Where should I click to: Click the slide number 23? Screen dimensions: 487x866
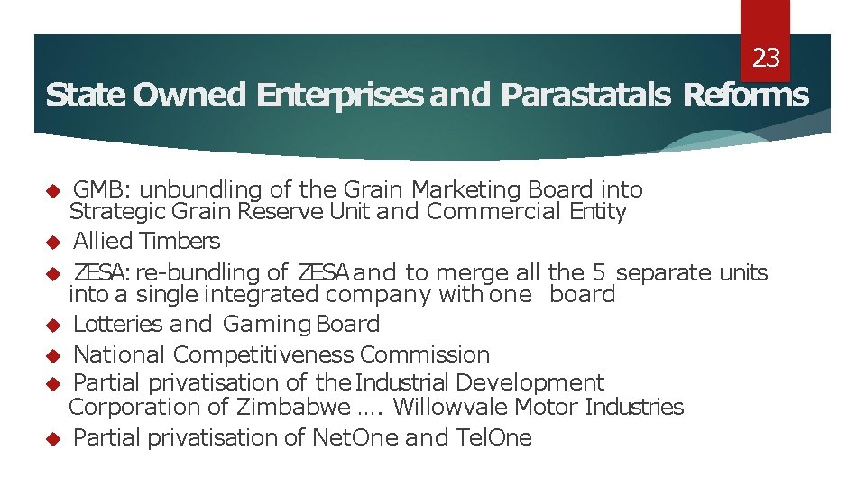point(766,59)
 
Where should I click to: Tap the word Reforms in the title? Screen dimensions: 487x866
point(746,95)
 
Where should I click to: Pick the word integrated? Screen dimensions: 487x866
point(262,294)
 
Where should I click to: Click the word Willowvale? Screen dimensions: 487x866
point(450,407)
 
